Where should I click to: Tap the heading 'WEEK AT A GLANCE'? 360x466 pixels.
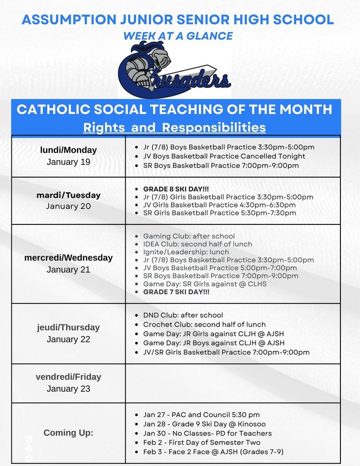[x=178, y=36]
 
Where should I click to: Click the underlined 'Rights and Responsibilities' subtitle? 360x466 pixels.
[x=174, y=127]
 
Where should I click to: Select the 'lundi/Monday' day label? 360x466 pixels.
[x=68, y=150]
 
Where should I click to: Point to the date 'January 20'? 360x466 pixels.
[x=68, y=206]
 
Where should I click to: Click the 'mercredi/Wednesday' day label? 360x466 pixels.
[x=68, y=258]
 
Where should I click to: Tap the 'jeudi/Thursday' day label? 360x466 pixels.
[x=68, y=327]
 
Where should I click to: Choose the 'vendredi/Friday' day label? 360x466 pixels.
[x=68, y=377]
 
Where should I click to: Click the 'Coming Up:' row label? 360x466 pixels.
[x=68, y=433]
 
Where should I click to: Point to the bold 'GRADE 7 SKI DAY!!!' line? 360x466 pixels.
[x=177, y=292]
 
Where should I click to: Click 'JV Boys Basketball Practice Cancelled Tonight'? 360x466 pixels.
[x=224, y=156]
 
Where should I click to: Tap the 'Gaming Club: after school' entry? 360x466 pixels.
[x=189, y=236]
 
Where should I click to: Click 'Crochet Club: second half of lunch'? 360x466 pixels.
[x=204, y=324]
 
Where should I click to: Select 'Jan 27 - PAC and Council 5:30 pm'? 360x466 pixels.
[x=201, y=415]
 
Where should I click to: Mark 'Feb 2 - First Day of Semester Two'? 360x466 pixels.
[x=202, y=442]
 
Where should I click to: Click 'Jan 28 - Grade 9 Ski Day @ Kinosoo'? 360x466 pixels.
[x=204, y=424]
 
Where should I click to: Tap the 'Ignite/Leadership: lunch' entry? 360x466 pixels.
[x=186, y=252]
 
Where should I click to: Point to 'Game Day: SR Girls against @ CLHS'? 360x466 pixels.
[x=205, y=284]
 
